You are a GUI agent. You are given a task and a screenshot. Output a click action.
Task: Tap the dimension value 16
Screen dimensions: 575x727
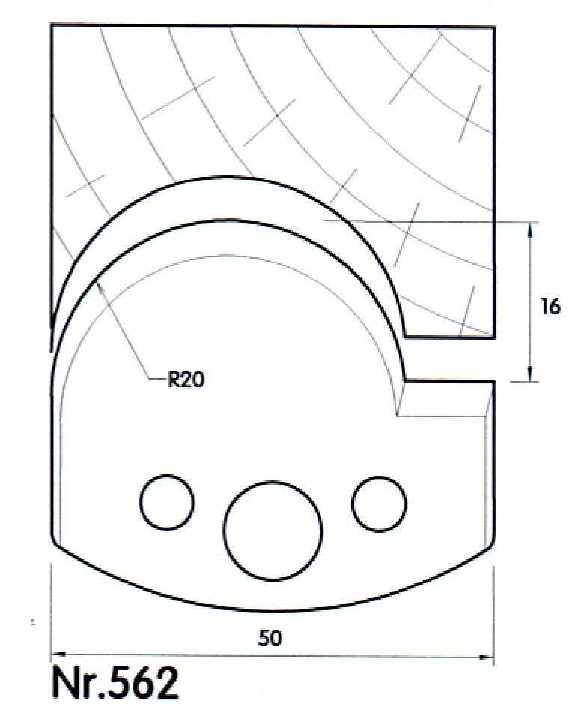point(550,307)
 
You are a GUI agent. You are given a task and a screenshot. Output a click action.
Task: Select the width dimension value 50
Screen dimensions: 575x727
point(270,639)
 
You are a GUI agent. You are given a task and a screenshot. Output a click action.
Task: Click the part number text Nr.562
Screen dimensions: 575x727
point(115,683)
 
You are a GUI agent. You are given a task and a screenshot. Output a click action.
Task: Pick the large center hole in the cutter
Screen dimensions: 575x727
point(273,530)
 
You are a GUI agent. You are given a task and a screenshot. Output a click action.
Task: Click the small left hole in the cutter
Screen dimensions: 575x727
point(167,502)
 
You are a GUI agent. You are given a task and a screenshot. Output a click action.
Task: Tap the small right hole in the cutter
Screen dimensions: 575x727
point(379,503)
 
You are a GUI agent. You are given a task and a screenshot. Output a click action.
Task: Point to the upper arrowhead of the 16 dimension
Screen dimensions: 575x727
point(530,230)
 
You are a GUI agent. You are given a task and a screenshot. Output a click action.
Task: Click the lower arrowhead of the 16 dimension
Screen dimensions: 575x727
point(530,374)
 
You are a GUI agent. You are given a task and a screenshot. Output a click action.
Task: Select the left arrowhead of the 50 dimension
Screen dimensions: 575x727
point(58,654)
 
